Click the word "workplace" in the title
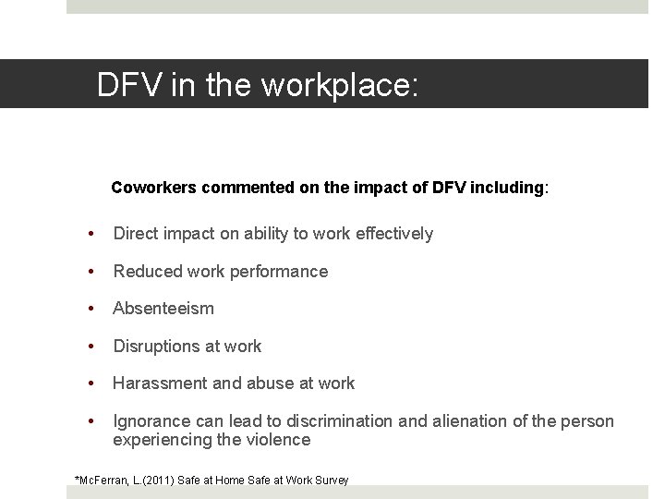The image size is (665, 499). [x=341, y=85]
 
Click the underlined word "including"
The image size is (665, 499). [x=508, y=188]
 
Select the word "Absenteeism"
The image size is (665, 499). [x=163, y=309]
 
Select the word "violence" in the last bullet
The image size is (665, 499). [x=276, y=440]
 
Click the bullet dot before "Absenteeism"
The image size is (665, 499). [x=91, y=309]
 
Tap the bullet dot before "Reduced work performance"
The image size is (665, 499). [x=91, y=272]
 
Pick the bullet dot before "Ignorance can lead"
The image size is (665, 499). [x=91, y=421]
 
